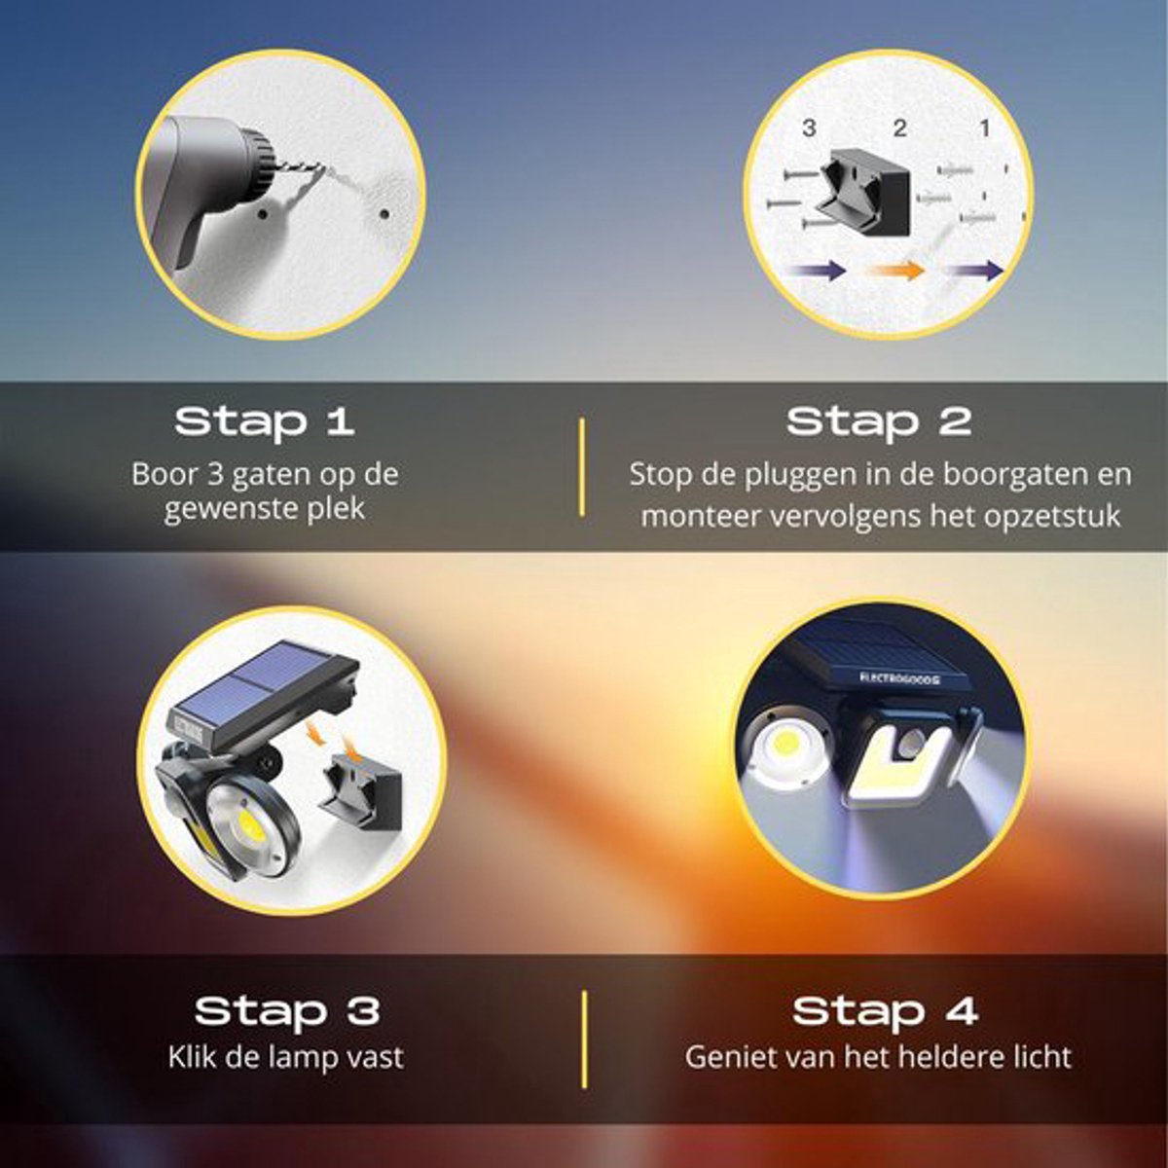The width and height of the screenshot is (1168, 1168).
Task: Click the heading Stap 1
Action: (265, 421)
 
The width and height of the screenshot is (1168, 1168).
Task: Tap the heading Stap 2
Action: (879, 421)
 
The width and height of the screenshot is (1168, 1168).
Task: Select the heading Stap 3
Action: (287, 1010)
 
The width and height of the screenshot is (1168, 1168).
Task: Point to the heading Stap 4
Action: (885, 1010)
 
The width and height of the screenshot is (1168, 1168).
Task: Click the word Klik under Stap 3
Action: (192, 1057)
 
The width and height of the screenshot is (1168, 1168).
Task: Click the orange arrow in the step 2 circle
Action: (895, 269)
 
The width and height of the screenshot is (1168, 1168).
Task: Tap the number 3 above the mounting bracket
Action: (809, 128)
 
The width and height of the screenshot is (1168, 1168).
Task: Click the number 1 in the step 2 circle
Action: (985, 128)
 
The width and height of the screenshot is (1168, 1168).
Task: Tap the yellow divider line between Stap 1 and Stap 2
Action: (582, 467)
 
